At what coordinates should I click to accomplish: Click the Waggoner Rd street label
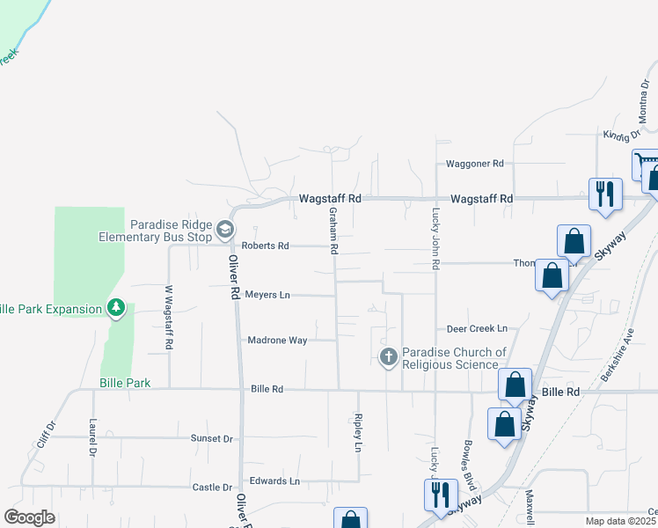(x=474, y=164)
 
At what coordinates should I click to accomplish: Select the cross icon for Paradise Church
(x=388, y=357)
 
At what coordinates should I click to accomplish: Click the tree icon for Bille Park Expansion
(x=115, y=308)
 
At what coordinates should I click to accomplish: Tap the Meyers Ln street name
(x=267, y=295)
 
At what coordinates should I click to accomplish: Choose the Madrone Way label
(x=277, y=340)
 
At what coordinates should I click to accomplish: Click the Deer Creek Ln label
(x=477, y=328)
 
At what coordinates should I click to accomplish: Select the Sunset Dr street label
(x=211, y=437)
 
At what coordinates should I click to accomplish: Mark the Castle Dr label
(x=212, y=487)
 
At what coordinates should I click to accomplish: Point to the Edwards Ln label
(x=274, y=481)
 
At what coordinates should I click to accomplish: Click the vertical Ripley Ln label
(x=358, y=434)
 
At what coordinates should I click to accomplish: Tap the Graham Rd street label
(x=333, y=231)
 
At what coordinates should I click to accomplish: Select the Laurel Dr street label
(x=91, y=438)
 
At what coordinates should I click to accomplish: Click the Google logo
(x=29, y=517)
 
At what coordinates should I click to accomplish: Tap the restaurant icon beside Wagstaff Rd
(x=604, y=194)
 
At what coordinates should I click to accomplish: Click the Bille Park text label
(x=125, y=383)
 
